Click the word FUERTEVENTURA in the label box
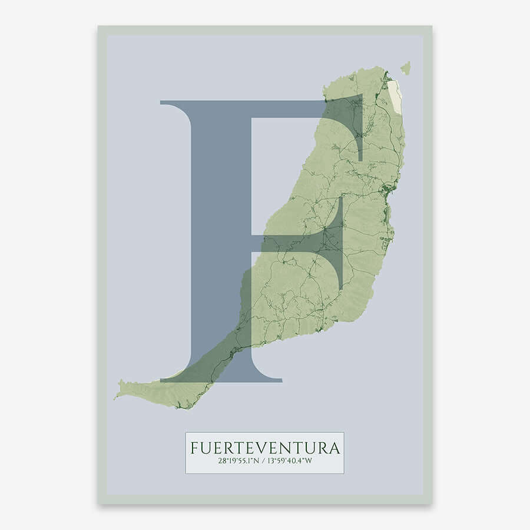click(x=264, y=448)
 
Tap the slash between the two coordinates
click(x=265, y=462)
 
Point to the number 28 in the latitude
click(x=221, y=462)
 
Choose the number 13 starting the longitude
click(x=273, y=462)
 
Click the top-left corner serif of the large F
click(x=168, y=104)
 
